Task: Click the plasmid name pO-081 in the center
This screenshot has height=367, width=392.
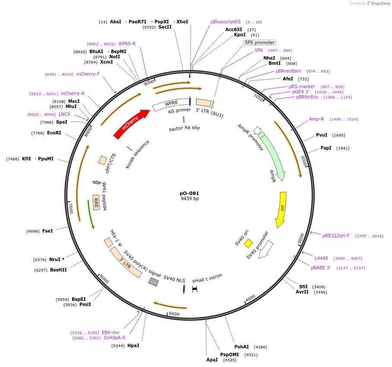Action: pos(190,193)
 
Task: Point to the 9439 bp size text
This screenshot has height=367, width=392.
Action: pos(190,199)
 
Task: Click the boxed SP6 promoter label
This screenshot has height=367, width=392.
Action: pos(259,42)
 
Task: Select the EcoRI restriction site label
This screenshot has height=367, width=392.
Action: pos(54,133)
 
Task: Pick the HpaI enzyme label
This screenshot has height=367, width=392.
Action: pos(133,345)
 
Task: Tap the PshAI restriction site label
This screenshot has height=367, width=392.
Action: pos(241,347)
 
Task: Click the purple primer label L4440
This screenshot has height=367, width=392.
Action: pos(321,258)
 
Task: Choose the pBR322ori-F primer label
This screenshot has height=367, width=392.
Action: pos(336,236)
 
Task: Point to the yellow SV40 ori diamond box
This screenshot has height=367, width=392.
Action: pos(248,243)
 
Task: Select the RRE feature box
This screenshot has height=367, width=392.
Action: pos(96,202)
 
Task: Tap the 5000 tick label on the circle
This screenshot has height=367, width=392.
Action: pos(174,313)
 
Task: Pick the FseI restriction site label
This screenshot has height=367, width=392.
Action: pos(47,231)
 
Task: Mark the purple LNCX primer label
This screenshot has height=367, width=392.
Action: pos(64,114)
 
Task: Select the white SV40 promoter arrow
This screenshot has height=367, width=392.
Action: pos(265,250)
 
